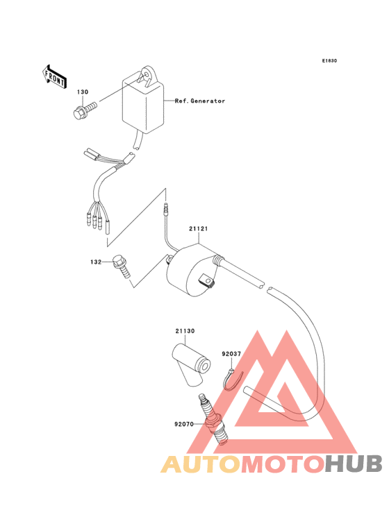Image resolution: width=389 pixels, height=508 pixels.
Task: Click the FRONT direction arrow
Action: (54, 76)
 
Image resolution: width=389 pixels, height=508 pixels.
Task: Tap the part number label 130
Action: (83, 92)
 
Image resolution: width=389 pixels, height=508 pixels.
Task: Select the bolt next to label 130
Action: (85, 110)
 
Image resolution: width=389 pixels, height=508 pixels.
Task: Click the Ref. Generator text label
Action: (199, 101)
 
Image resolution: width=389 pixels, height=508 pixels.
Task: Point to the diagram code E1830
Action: (329, 60)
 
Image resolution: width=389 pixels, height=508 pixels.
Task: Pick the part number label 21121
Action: (199, 229)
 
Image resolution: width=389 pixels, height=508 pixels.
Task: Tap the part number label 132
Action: (96, 262)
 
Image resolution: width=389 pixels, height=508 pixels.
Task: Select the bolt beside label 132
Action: (122, 266)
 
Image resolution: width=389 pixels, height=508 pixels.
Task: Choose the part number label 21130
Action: (185, 331)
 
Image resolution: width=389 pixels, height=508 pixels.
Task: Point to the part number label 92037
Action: (231, 354)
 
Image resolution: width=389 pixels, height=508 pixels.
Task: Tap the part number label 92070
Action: (184, 424)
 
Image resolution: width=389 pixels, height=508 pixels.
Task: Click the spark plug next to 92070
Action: (213, 419)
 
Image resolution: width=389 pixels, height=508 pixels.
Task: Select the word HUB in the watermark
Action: (354, 464)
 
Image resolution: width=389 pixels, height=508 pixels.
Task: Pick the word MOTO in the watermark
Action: (283, 464)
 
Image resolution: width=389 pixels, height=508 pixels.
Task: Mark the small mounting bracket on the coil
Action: (206, 280)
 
